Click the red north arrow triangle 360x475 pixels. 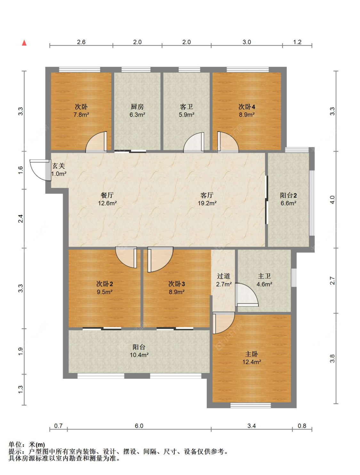point(24,43)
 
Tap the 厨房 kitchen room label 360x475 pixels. point(137,107)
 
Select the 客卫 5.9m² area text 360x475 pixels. point(186,115)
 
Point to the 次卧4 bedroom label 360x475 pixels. point(247,107)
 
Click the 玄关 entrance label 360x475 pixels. point(59,166)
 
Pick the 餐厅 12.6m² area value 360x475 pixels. point(108,203)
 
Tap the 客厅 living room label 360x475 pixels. point(207,195)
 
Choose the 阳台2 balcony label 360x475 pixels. point(288,195)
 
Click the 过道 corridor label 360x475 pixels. point(224,276)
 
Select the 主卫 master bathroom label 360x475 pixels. point(264,276)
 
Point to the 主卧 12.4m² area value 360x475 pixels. point(252,362)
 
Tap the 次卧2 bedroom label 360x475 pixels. point(104,284)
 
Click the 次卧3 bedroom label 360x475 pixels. point(177,284)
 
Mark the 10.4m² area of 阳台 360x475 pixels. point(139,355)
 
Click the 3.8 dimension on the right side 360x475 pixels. point(332,359)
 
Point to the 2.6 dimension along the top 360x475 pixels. point(81,42)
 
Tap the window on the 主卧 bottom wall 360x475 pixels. point(251,405)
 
